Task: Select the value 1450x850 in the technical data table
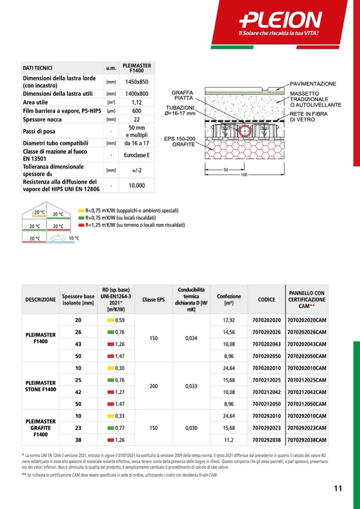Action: click(136, 82)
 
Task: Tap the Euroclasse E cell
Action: click(136, 155)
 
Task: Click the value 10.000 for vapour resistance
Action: click(136, 185)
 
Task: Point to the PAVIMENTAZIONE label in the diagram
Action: click(313, 84)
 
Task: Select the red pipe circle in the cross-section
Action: click(245, 132)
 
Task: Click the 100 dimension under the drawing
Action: click(244, 175)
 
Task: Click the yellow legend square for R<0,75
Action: click(81, 211)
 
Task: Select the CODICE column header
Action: click(266, 299)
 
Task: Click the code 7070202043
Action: click(266, 343)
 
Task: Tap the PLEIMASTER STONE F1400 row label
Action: click(41, 386)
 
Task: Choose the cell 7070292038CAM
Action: click(306, 439)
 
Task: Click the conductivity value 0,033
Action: click(192, 386)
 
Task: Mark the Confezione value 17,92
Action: click(229, 320)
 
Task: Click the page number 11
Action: click(338, 489)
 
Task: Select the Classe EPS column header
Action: click(153, 299)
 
